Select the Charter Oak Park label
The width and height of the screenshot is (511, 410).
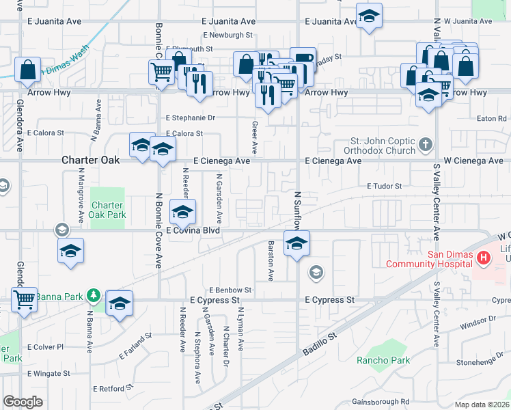click(x=107, y=210)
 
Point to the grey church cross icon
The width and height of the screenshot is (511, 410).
click(x=426, y=145)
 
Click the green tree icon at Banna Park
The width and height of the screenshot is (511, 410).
click(x=94, y=295)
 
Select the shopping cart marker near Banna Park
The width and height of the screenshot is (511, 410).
click(x=24, y=299)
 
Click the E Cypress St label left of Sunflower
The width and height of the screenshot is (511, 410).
click(x=215, y=300)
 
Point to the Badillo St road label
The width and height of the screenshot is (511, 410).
click(x=320, y=343)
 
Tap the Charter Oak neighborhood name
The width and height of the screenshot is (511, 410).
click(x=91, y=160)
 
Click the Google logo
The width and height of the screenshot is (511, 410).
click(x=23, y=402)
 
